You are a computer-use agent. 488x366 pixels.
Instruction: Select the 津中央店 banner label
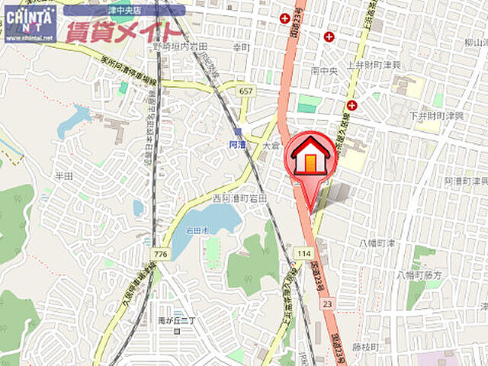pyautogui.click(x=124, y=11)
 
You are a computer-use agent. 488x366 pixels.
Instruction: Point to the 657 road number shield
pyautogui.click(x=245, y=91)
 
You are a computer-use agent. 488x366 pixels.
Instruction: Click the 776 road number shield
pyautogui.click(x=159, y=252)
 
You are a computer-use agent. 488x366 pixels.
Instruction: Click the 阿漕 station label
pyautogui.click(x=237, y=142)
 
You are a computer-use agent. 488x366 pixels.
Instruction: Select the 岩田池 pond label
pyautogui.click(x=197, y=229)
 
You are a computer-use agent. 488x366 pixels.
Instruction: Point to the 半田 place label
pyautogui.click(x=63, y=175)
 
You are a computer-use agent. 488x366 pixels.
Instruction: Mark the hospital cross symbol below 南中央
pyautogui.click(x=352, y=105)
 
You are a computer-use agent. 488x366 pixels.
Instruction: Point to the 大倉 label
pyautogui.click(x=271, y=144)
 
